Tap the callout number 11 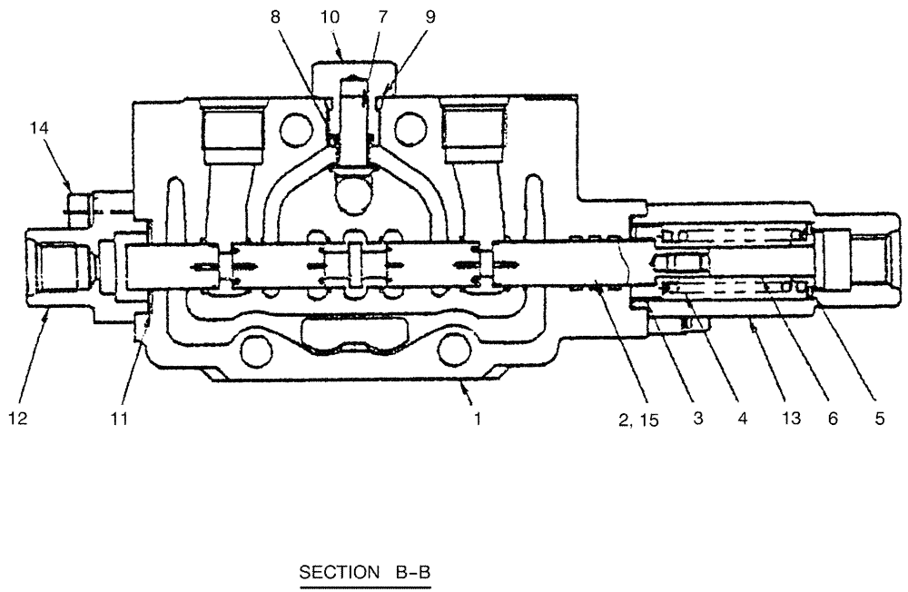point(119,419)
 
